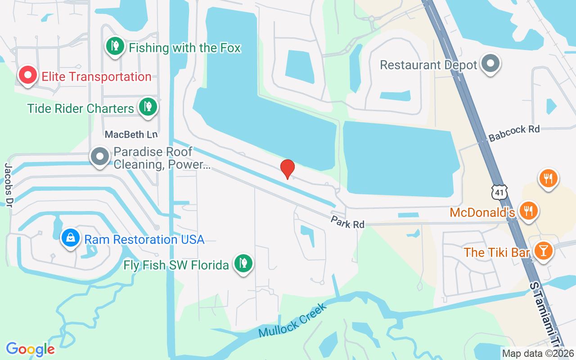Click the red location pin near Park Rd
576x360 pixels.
coord(288,169)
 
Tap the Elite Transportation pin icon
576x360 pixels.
coord(27,76)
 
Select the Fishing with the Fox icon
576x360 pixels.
coord(115,46)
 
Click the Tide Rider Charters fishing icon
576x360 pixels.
coord(147,107)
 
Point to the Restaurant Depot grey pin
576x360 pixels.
coord(490,63)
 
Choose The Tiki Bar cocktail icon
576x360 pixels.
coord(542,250)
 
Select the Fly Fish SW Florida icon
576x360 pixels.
coord(243,264)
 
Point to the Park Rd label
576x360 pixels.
coord(347,222)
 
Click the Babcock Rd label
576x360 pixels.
coord(514,133)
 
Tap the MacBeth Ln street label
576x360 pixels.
coord(125,135)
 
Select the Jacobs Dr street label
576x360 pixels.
coord(9,185)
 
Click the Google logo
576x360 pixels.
coord(30,349)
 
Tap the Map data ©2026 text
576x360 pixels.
coord(538,353)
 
